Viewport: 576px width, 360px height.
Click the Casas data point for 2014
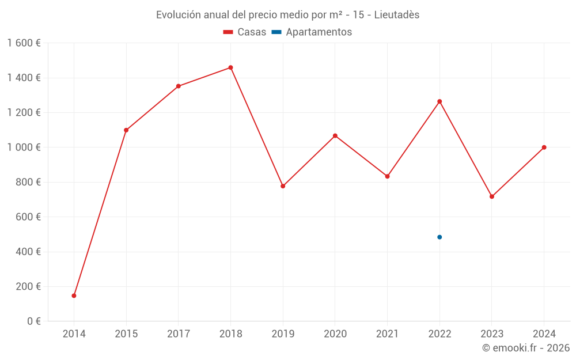tap(74, 295)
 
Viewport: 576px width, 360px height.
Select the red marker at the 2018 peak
tap(230, 67)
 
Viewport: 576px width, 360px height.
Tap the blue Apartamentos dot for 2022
tap(439, 237)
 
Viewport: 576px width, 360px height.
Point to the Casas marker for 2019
tap(283, 186)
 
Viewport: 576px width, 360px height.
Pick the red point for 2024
tap(544, 147)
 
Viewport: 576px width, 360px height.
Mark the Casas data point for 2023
tap(492, 196)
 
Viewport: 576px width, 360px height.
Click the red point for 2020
tap(335, 136)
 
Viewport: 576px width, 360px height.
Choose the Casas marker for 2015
tap(126, 130)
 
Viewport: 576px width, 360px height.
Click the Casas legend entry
tap(245, 32)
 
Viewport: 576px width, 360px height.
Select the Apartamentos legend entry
tap(312, 32)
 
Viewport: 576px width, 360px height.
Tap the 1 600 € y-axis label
tap(24, 43)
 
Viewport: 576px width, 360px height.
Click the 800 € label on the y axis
tap(27, 182)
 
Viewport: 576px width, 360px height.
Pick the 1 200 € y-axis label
tap(24, 113)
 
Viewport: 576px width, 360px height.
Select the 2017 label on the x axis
tap(179, 334)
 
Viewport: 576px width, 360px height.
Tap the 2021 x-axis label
tap(387, 334)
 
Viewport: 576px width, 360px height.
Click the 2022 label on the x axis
tap(439, 334)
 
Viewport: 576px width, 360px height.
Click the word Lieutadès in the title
tap(397, 15)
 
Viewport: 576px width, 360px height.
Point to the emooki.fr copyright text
tap(526, 348)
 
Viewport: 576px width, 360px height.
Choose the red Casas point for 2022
tap(439, 101)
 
